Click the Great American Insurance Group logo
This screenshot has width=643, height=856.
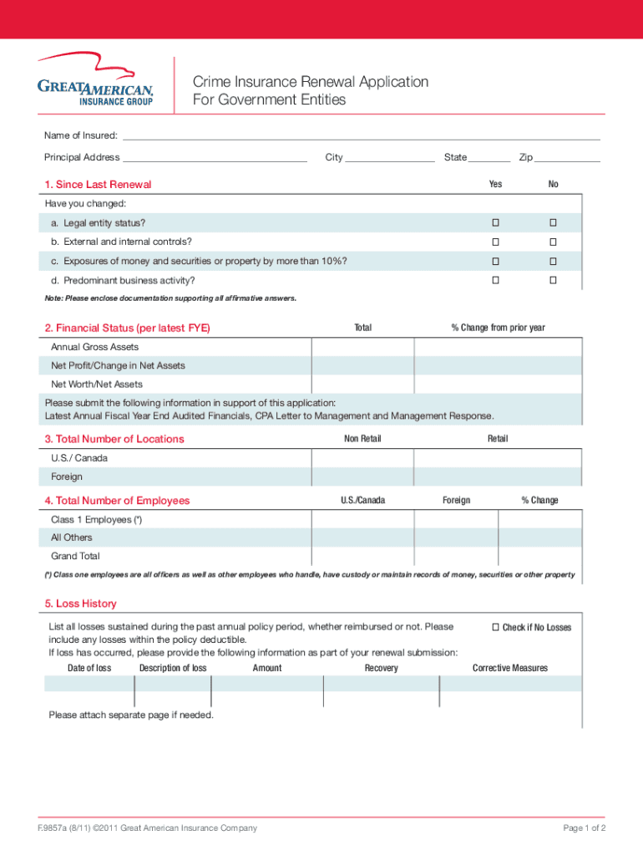pyautogui.click(x=95, y=80)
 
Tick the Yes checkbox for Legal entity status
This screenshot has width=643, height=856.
pyautogui.click(x=495, y=223)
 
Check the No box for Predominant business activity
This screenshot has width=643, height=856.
pyautogui.click(x=553, y=280)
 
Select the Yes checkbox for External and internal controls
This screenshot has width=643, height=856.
pyautogui.click(x=495, y=242)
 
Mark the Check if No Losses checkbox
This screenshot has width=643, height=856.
pyautogui.click(x=495, y=627)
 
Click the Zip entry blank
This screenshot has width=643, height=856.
pyautogui.click(x=567, y=157)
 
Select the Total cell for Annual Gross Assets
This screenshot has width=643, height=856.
pyautogui.click(x=362, y=347)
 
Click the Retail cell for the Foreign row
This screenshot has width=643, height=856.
pyautogui.click(x=498, y=476)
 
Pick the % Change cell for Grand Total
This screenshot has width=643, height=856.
pyautogui.click(x=539, y=556)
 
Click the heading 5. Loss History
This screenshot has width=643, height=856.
pyautogui.click(x=80, y=604)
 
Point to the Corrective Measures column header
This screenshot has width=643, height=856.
pyautogui.click(x=510, y=668)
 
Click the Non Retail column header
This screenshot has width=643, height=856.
pyautogui.click(x=362, y=439)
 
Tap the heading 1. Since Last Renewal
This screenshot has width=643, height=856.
pyautogui.click(x=98, y=185)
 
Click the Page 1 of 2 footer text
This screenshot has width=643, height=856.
pyautogui.click(x=585, y=828)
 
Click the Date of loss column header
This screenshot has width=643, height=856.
pyautogui.click(x=89, y=668)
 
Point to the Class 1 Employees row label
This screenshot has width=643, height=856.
pyautogui.click(x=96, y=520)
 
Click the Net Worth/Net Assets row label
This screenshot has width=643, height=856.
pyautogui.click(x=97, y=385)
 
